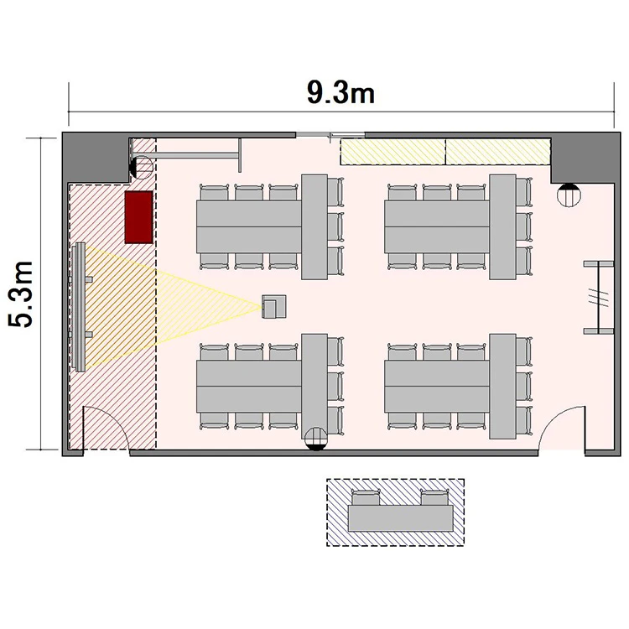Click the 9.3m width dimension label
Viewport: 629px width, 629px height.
(x=341, y=93)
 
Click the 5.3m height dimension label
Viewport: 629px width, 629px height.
(x=21, y=294)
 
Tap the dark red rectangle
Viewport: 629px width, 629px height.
(x=138, y=217)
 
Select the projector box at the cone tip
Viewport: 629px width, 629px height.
(x=274, y=306)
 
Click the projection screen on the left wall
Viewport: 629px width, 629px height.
(x=80, y=307)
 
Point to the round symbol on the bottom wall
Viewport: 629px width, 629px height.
(x=316, y=438)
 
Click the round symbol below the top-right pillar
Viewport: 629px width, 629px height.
(x=569, y=195)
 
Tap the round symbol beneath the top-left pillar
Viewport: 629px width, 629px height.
(x=141, y=167)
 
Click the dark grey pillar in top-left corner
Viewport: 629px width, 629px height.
(x=96, y=158)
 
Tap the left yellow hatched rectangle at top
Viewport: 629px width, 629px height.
(x=393, y=152)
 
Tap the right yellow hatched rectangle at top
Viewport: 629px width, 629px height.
(x=498, y=152)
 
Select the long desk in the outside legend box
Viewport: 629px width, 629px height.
(x=400, y=518)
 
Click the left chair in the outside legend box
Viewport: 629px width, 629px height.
(x=366, y=498)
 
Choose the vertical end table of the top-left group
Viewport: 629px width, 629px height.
(x=314, y=226)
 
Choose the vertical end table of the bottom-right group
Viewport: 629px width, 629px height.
(x=502, y=387)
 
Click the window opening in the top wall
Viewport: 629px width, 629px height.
(x=330, y=135)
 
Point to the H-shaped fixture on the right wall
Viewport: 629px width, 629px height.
(x=599, y=297)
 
